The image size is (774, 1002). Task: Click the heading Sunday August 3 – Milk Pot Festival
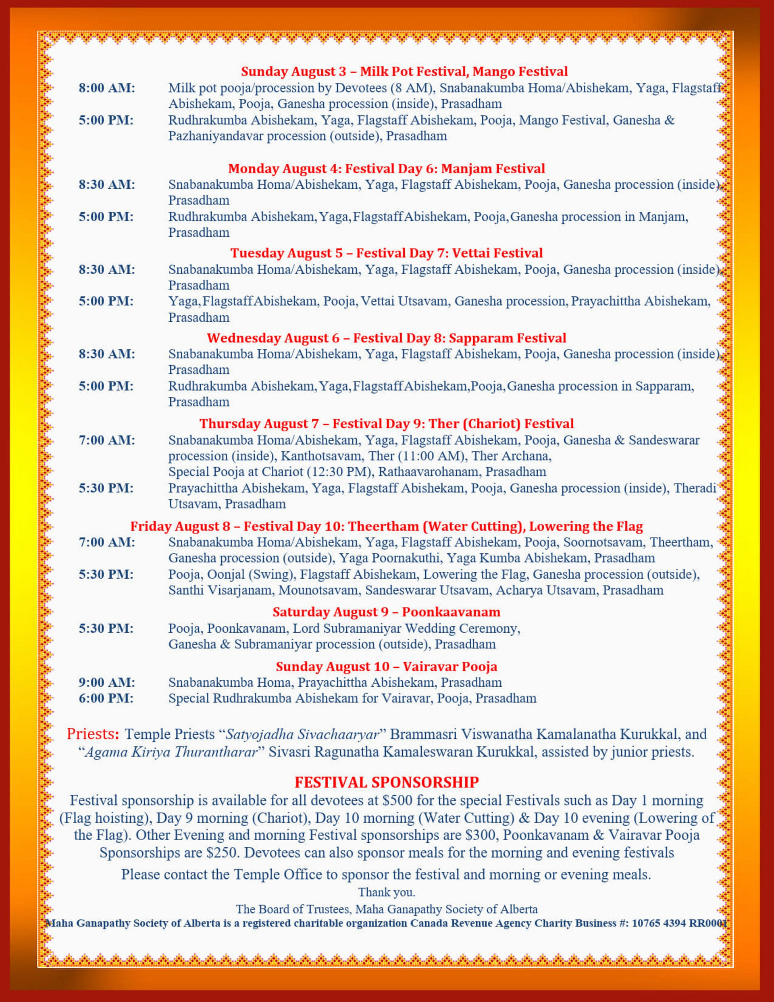tap(404, 72)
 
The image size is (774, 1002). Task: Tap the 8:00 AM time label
tap(106, 88)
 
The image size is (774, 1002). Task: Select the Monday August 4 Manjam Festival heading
tap(386, 169)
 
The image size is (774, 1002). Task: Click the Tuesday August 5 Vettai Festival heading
tap(386, 253)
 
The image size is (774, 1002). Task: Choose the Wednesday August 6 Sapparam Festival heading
tap(386, 338)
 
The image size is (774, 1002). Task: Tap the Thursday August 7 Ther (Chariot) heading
tap(386, 423)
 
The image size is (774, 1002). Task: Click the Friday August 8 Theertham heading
tap(386, 526)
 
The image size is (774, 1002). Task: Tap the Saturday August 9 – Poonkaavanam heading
tap(386, 612)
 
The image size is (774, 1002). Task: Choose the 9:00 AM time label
tap(106, 682)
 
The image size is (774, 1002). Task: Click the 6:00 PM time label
tap(106, 698)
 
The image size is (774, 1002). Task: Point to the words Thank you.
tap(386, 892)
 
